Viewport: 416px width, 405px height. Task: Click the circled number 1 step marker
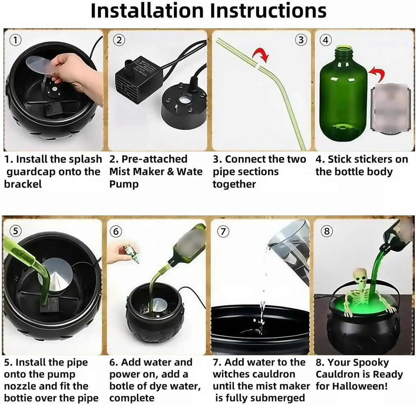pyautogui.click(x=15, y=40)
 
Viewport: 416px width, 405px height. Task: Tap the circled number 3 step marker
pyautogui.click(x=301, y=40)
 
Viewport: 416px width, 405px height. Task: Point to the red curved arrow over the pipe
pyautogui.click(x=260, y=54)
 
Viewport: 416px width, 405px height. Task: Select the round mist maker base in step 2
pyautogui.click(x=183, y=107)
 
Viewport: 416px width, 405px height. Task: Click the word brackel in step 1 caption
pyautogui.click(x=23, y=184)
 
